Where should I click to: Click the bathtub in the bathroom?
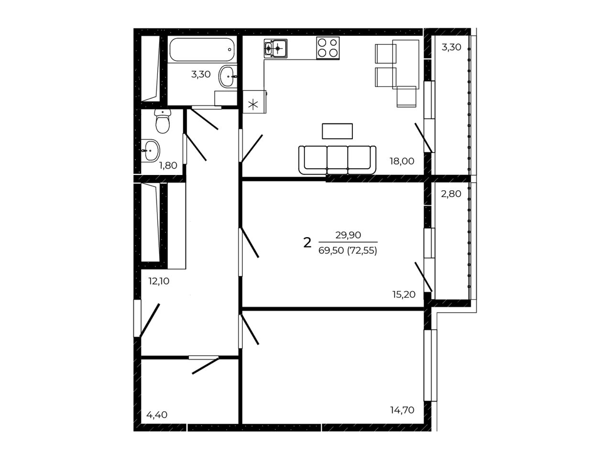(x=202, y=50)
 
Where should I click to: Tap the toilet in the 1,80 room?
(x=162, y=121)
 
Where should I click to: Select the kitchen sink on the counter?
(x=275, y=48)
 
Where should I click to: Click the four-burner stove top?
(x=328, y=48)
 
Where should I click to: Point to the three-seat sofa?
(x=337, y=160)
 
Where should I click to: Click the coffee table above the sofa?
(x=337, y=131)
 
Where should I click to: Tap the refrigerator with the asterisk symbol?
(x=254, y=101)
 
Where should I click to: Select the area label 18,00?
(x=402, y=161)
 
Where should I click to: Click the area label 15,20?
(x=404, y=295)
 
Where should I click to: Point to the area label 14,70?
(x=402, y=410)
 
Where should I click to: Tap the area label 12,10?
(x=159, y=281)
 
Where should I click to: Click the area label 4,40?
(x=157, y=415)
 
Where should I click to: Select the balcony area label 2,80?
(x=451, y=194)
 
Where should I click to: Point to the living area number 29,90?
(x=348, y=235)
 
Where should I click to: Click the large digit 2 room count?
(x=307, y=243)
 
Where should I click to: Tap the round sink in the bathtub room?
(x=228, y=76)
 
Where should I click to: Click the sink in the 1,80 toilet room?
(x=150, y=151)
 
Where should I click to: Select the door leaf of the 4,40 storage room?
(x=206, y=366)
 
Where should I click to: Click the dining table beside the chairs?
(x=405, y=65)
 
